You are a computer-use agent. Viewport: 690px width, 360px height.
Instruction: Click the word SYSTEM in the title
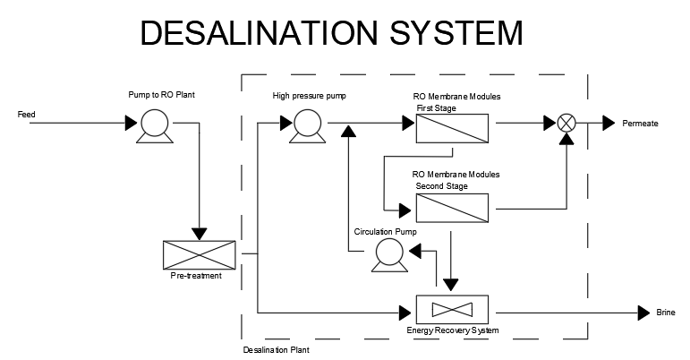pos(447,33)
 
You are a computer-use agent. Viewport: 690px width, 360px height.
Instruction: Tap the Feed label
pos(26,115)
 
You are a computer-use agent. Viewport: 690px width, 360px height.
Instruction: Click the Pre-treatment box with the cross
pos(199,254)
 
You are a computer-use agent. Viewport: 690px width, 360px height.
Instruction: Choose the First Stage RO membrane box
pos(452,128)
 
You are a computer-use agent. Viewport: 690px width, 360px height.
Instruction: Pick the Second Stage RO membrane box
pos(452,208)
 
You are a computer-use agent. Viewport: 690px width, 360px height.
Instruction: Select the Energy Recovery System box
pos(452,309)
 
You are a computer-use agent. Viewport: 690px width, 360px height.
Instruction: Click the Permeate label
pos(640,124)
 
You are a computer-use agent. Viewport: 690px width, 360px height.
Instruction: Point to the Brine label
pos(666,313)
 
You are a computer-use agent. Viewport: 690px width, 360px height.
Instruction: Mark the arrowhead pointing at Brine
pos(643,313)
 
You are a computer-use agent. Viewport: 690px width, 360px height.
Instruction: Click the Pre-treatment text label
pos(196,276)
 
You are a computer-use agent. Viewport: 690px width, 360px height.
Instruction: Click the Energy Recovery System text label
pos(452,331)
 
